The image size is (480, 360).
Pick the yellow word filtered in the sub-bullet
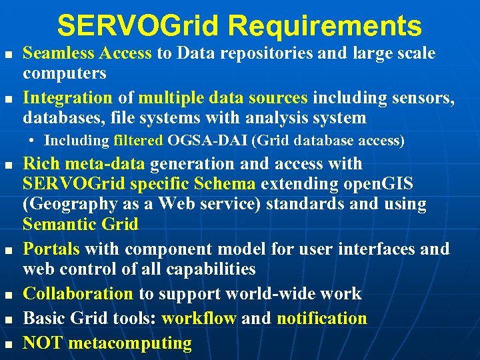tap(138, 140)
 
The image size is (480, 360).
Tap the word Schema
tap(225, 184)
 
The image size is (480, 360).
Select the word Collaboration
tap(79, 293)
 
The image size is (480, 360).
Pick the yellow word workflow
tap(199, 318)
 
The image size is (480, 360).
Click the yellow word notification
tap(322, 318)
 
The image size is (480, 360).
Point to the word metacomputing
tap(130, 343)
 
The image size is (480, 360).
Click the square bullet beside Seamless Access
tap(8, 53)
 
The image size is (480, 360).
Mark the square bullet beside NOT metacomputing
tap(8, 344)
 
